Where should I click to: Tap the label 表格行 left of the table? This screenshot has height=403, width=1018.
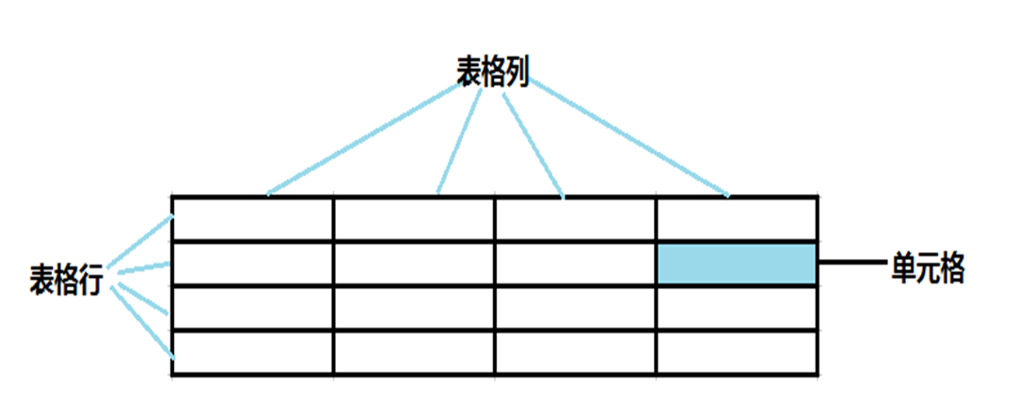click(65, 280)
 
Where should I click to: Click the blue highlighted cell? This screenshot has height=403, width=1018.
click(736, 264)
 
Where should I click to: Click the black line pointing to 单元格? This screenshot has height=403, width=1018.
click(851, 264)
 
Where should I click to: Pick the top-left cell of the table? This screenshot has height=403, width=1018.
click(252, 219)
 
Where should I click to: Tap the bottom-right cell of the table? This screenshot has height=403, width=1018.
click(736, 353)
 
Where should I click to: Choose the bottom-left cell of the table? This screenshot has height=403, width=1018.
click(252, 353)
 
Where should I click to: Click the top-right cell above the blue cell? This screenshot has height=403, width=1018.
click(736, 219)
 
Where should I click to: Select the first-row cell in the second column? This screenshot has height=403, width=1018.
click(414, 219)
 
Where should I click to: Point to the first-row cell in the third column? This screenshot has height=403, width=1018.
click(575, 219)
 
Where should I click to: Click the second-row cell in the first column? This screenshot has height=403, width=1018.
click(252, 264)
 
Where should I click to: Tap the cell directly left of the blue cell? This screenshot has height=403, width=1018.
click(575, 264)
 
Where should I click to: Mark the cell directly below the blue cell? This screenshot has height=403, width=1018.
click(736, 309)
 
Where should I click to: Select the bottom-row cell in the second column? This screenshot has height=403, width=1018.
click(414, 353)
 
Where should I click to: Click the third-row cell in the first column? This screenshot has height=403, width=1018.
click(252, 309)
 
